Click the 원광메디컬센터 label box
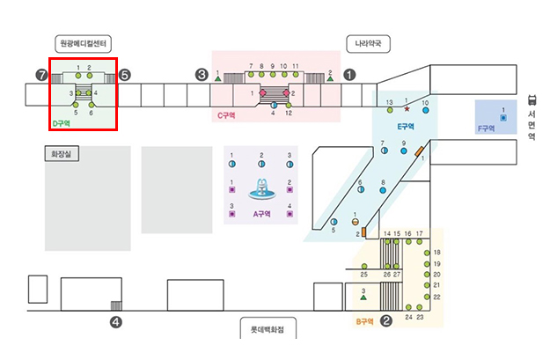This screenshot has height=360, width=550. coord(83,43)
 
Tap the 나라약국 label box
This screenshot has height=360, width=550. coord(368,44)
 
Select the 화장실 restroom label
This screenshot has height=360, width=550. coord(62,154)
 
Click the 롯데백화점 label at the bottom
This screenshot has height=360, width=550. coord(268,329)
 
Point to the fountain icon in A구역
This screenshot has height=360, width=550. coord(262,189)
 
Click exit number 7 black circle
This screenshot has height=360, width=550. coord(41,75)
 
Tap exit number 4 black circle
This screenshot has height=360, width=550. coord(116,322)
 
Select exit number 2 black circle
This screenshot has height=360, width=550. coord(386,320)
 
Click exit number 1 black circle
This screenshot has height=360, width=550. coord(349,75)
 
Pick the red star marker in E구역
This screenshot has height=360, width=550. coord(407,109)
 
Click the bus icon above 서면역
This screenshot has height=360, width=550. coord(532,100)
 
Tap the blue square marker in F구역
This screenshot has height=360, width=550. coord(503,118)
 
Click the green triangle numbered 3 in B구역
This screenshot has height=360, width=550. coord(363,298)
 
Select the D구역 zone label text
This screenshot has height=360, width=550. coord(61,123)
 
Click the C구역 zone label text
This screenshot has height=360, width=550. coord(226,115)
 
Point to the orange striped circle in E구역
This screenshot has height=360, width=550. coord(355,222)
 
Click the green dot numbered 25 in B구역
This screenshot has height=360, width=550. coord(364,267)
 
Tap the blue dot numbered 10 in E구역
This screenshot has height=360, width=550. coord(425,110)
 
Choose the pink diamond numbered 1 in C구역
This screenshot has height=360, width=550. coord(263,92)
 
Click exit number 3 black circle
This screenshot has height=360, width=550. coord(202,75)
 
